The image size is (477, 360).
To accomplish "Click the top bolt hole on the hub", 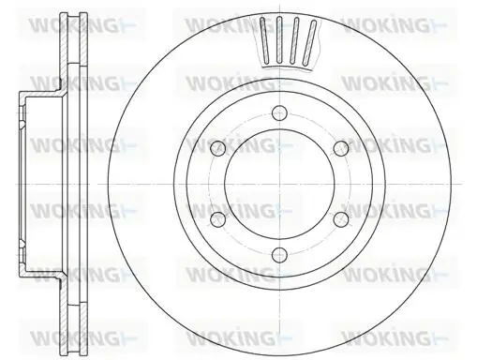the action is [279, 112].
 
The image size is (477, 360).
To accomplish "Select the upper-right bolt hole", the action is [341, 148].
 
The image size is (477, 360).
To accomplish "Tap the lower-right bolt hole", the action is [341, 219].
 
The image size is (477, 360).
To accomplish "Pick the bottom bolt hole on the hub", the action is [279, 255].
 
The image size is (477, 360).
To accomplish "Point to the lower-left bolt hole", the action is [218, 219].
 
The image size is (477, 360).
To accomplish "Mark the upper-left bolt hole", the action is [218, 148].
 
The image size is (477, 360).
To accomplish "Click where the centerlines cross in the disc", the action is [279, 184].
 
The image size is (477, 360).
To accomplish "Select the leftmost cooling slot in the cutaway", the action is [264, 39].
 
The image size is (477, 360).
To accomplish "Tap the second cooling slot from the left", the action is [279, 40].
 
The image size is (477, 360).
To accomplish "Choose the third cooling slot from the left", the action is [294, 41].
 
